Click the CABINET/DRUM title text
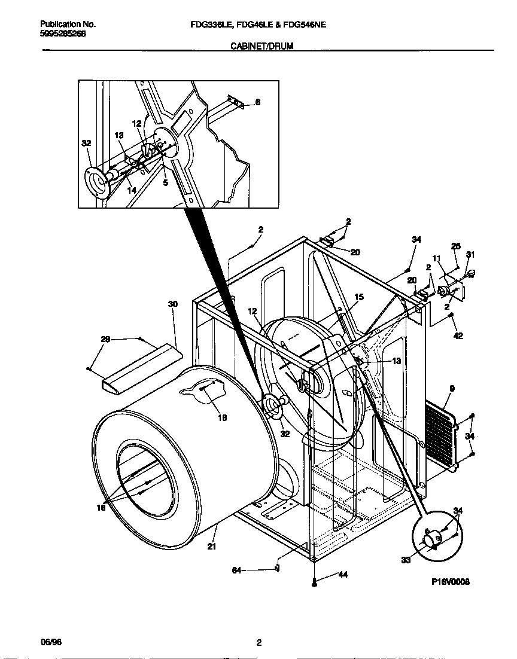[262, 45]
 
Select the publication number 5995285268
[62, 33]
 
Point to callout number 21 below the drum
[211, 545]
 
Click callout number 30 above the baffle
[172, 304]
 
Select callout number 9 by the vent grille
[451, 389]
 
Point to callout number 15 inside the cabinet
[359, 297]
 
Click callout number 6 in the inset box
[257, 102]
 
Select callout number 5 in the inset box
[165, 183]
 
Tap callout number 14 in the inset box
[131, 190]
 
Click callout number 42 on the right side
[458, 336]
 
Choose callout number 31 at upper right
[470, 255]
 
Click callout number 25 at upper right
[455, 246]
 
